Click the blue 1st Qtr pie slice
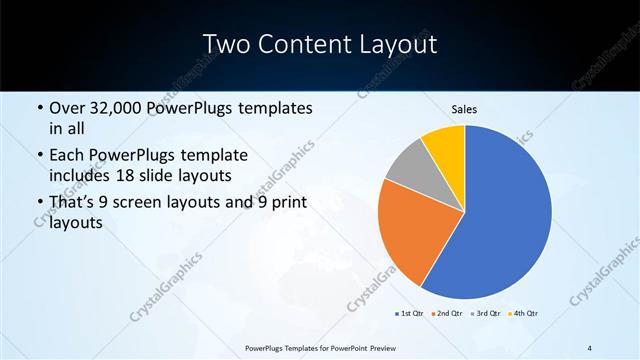click(510, 220)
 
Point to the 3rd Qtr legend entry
click(485, 314)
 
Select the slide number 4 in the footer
click(589, 348)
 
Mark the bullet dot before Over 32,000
click(39, 108)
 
